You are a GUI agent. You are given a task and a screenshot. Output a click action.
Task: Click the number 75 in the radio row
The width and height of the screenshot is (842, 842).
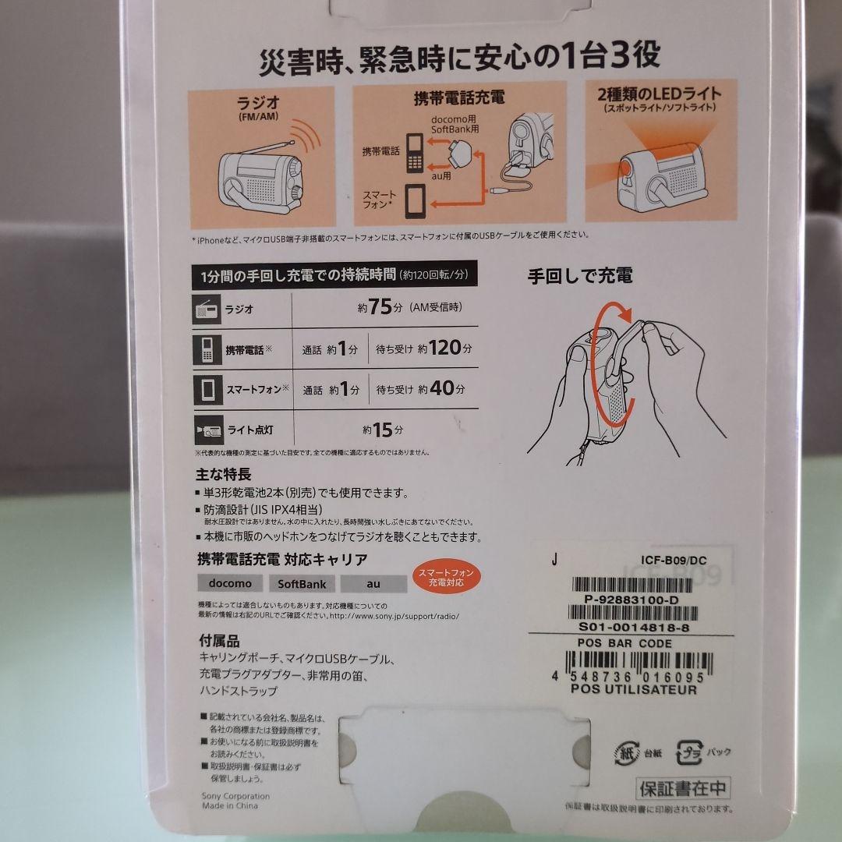pos(380,307)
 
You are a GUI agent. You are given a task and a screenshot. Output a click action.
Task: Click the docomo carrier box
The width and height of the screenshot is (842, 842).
pos(230,583)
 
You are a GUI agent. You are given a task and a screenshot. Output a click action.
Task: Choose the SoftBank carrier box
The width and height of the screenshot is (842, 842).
pos(302,583)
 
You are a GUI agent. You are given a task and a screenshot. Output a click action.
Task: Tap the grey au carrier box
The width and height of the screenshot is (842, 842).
pos(373,583)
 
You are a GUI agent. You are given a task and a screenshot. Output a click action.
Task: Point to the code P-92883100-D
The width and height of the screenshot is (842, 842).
pos(631,600)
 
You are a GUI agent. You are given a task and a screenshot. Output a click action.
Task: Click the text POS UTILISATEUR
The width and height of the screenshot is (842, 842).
pos(634,689)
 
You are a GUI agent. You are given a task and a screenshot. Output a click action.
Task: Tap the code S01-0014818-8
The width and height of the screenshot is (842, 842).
pos(633,628)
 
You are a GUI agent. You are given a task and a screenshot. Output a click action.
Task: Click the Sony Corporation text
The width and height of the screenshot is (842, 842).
pos(235,796)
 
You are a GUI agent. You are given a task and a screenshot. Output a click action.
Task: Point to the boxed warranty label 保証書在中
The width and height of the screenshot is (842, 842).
pos(683,787)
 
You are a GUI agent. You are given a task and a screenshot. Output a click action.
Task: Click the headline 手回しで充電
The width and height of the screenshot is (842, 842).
pos(580,275)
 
